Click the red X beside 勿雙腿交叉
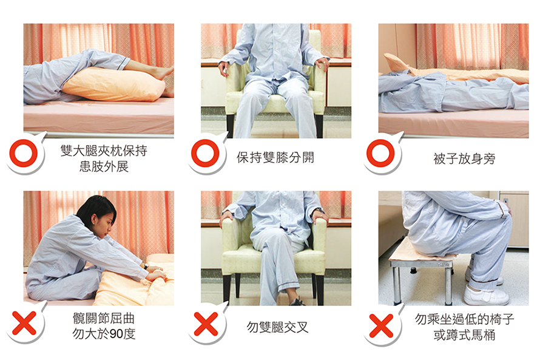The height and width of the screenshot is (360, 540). point(206,324)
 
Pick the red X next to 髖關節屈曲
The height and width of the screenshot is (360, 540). point(24,323)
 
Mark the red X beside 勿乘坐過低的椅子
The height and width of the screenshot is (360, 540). point(381,325)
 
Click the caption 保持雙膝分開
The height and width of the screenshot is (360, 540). point(275,157)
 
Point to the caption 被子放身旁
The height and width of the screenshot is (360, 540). point(464,159)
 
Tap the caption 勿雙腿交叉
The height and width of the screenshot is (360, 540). point(277,327)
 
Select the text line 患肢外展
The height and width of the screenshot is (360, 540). point(104,166)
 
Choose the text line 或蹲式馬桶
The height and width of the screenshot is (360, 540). point(464,335)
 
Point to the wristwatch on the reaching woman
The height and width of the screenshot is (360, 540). point(146,267)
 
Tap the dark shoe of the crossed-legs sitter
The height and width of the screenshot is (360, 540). point(297,302)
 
